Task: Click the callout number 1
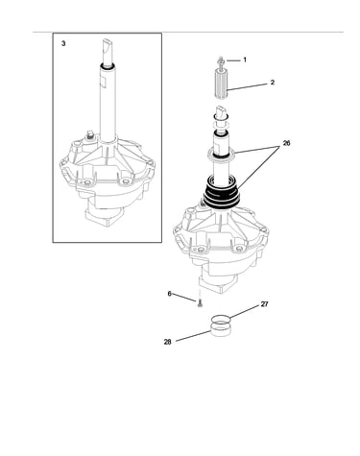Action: tap(245, 60)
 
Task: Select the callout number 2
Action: tap(273, 83)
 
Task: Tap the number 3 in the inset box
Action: tap(63, 44)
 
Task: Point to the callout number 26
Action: tap(286, 143)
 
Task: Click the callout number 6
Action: tap(170, 294)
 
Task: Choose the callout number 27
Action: tap(264, 304)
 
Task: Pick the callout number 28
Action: tap(167, 342)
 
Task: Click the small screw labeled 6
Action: tap(200, 302)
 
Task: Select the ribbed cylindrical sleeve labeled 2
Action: tap(221, 84)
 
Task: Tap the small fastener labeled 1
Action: tap(221, 60)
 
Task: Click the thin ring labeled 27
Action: tap(221, 319)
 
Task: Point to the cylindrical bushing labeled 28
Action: tap(221, 330)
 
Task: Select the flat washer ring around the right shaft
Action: tap(222, 154)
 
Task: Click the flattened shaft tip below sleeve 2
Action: tap(221, 113)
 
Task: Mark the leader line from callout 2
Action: tap(248, 87)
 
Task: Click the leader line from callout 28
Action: tap(194, 336)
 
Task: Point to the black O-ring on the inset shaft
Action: tap(107, 66)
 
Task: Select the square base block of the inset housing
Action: tap(103, 218)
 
